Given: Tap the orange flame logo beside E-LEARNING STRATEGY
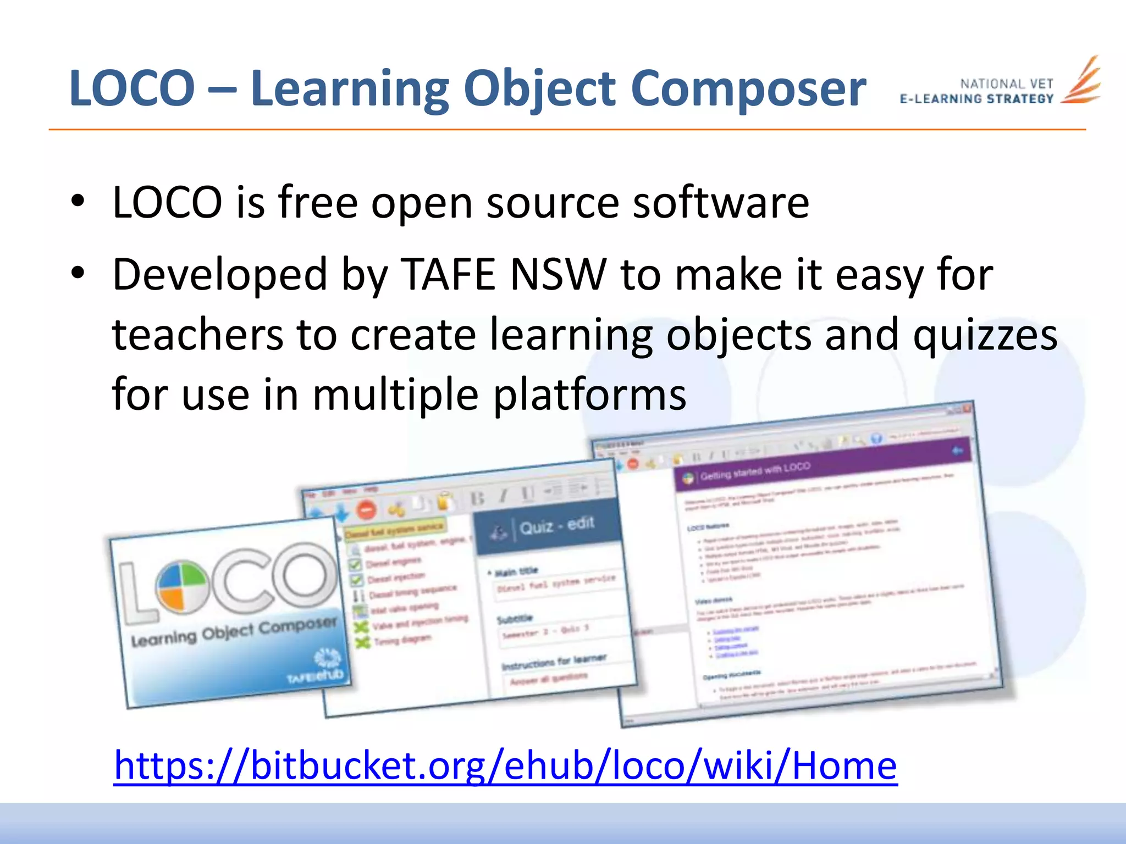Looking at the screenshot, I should (1081, 81).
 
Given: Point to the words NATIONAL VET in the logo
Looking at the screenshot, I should (1006, 84).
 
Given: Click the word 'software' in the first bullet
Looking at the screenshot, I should (721, 202).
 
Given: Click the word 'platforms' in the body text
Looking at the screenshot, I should (589, 395).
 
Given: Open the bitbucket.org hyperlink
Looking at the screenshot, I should (505, 765).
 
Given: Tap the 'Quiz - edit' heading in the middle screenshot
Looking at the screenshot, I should (556, 525).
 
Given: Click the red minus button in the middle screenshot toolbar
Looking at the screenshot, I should (366, 510).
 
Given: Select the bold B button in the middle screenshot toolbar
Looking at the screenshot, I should (477, 498).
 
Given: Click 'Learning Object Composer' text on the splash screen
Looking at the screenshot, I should (234, 632).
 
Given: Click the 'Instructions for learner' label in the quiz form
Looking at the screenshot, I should (554, 662).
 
